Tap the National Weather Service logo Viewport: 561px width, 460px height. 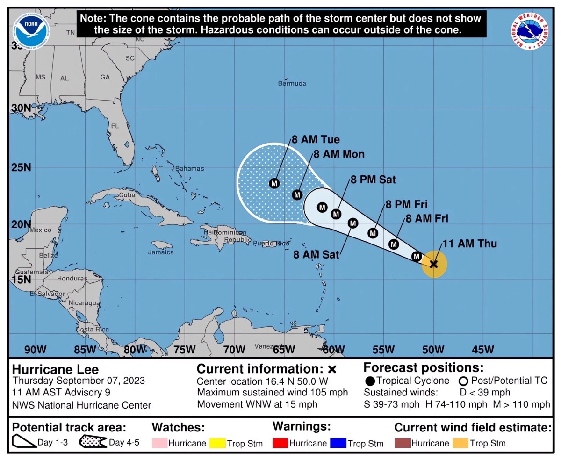530,31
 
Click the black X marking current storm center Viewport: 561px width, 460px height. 433,264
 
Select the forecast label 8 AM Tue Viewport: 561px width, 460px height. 316,139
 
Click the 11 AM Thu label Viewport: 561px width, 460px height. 469,244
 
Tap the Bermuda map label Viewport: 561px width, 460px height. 292,83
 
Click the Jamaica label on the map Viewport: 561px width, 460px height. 161,252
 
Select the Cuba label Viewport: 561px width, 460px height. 127,195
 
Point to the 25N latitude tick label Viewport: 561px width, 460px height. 21,167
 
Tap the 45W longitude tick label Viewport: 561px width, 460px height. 483,349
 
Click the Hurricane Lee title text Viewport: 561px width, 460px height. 56,369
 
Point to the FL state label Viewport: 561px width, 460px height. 115,126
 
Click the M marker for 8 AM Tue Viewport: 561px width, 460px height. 274,183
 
